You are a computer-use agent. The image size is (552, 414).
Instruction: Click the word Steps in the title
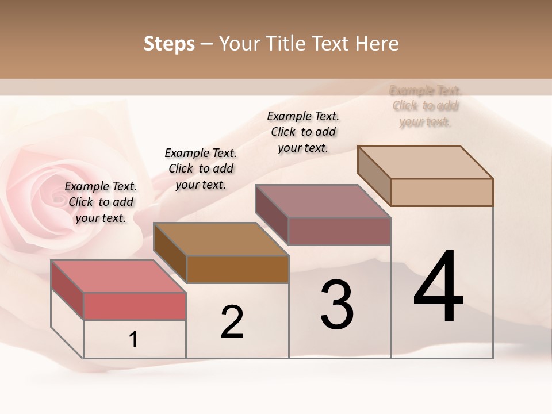[169, 44]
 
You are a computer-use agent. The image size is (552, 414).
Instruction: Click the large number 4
[438, 287]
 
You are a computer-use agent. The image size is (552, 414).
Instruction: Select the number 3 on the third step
[337, 305]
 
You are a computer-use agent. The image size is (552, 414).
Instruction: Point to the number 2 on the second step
[232, 322]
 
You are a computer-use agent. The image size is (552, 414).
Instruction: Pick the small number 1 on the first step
[133, 340]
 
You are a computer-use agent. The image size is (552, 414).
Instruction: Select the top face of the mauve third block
[324, 201]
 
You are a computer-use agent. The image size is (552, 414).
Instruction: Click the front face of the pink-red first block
[135, 306]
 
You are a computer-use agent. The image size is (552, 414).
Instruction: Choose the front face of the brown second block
[237, 269]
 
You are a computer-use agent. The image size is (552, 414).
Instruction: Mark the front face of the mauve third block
[339, 231]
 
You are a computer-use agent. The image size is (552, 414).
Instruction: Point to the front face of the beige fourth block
[442, 192]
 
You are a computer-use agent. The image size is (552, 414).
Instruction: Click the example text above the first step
[101, 202]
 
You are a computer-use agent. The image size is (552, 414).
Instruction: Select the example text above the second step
[201, 168]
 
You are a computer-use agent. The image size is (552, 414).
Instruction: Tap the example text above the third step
[303, 132]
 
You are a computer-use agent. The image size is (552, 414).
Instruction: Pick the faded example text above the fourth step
[425, 106]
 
